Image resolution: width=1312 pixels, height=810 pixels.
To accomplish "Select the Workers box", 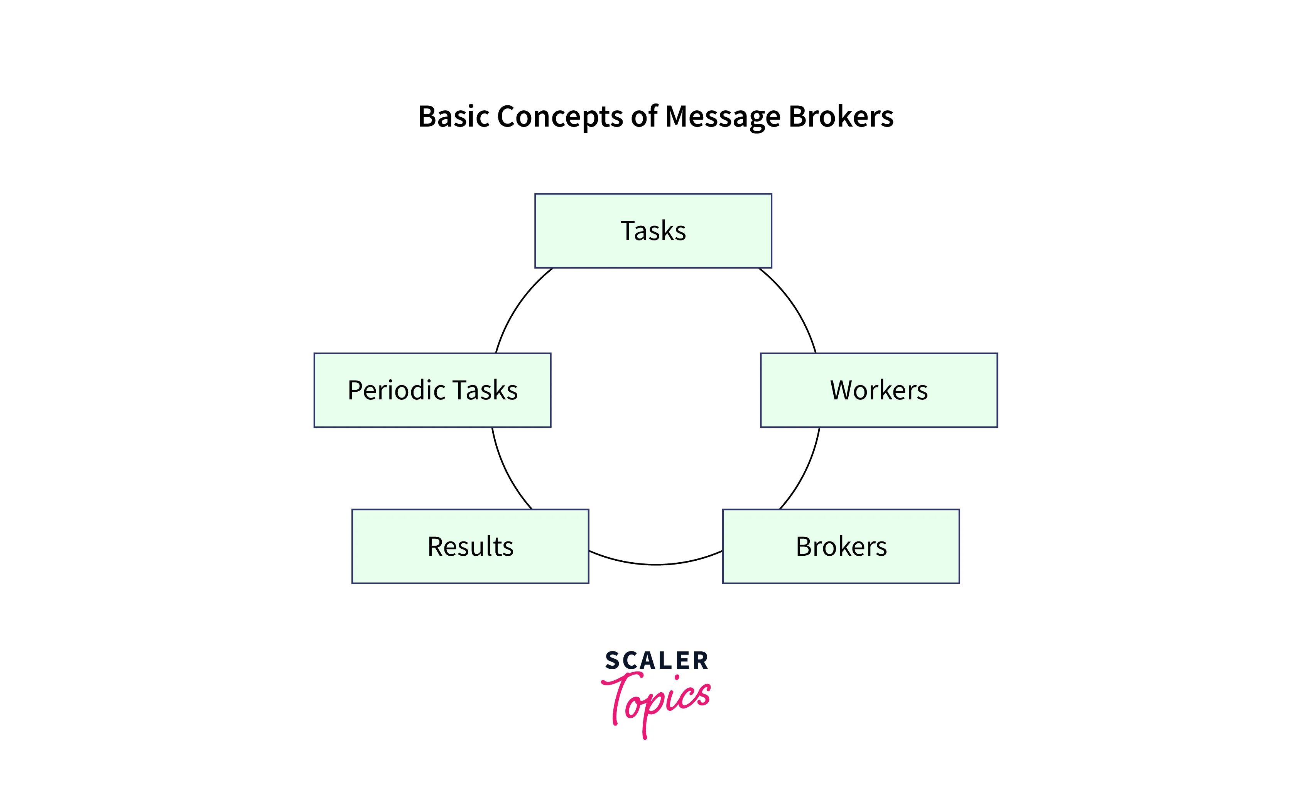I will (x=879, y=390).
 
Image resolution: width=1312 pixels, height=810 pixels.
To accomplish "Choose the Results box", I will (x=470, y=546).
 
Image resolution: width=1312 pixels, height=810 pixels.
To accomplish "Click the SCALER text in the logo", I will (x=657, y=661).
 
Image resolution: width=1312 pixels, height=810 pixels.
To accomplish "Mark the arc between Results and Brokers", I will (x=655, y=564).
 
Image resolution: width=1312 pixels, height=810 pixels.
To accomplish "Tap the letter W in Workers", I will (x=842, y=390).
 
